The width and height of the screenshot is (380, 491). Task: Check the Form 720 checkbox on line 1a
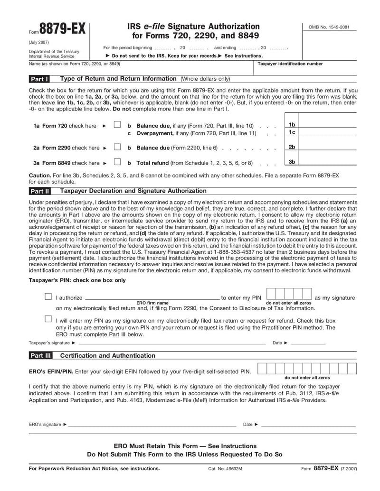(x=117, y=125)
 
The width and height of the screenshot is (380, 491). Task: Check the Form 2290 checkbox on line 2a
(x=117, y=147)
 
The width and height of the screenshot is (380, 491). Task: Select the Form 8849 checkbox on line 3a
(x=117, y=162)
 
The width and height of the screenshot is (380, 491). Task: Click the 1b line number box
(x=292, y=124)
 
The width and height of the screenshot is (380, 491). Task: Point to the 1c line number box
(x=292, y=132)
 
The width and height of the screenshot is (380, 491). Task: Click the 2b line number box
(x=292, y=147)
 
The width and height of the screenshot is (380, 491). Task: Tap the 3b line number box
(x=292, y=162)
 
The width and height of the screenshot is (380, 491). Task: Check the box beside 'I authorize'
(x=48, y=296)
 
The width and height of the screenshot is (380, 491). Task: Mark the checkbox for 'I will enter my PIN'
(x=48, y=319)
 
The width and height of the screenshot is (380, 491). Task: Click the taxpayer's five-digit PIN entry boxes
(x=289, y=294)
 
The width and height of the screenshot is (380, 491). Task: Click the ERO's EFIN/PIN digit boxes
(x=307, y=369)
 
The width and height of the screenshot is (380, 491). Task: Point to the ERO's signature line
(x=152, y=425)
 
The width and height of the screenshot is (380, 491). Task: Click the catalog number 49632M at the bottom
(x=225, y=469)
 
